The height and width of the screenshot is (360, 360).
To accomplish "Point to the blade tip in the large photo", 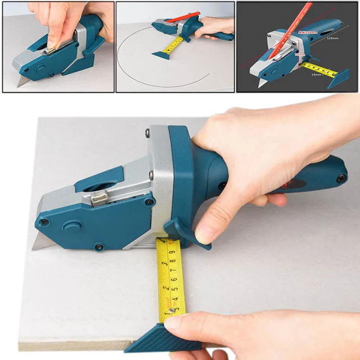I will coord(34,248).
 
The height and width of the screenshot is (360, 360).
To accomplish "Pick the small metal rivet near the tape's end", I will coord(171,310).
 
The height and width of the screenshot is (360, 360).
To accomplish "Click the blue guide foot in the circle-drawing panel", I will coord(161,55).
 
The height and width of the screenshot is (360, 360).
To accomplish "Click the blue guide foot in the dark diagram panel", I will coord(338,78).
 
